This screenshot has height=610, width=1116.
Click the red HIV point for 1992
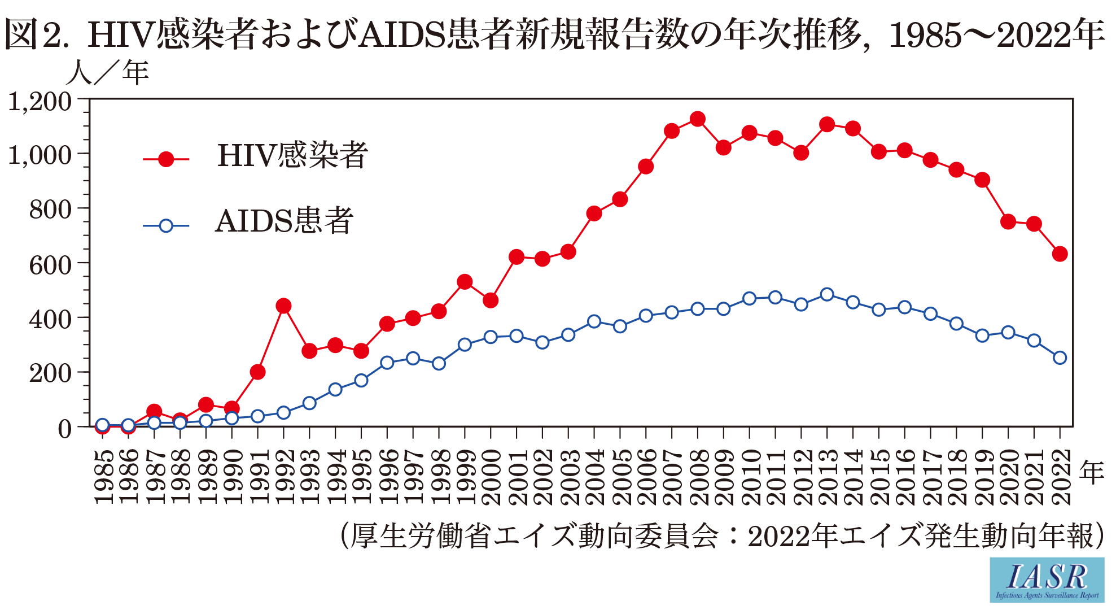[283, 306]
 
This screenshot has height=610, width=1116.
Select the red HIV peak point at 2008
[698, 119]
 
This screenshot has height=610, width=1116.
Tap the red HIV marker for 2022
[1060, 254]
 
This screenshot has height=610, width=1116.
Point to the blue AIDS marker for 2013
[827, 294]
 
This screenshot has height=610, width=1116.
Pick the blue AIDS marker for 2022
[1060, 358]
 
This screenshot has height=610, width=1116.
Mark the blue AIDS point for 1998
[439, 363]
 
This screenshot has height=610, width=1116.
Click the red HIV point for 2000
[491, 300]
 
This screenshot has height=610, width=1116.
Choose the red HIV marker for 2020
[1008, 221]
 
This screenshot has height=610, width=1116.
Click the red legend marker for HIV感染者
[166, 160]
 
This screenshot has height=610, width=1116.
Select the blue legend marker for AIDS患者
[166, 226]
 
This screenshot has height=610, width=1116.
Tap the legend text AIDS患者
[284, 221]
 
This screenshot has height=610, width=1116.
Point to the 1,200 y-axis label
[40, 102]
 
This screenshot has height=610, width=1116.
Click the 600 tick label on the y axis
[51, 264]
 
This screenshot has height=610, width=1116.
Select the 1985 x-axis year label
[103, 476]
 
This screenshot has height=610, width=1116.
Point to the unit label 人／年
[107, 73]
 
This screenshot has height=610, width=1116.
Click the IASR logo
[1047, 579]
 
